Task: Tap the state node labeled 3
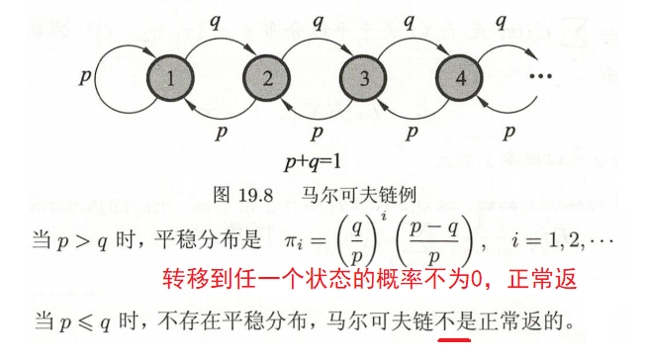click(364, 77)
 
